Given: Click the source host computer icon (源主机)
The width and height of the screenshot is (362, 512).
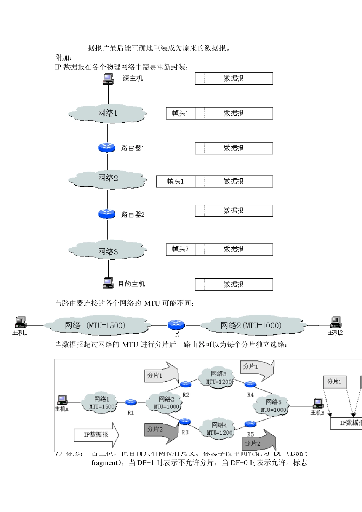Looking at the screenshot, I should pyautogui.click(x=108, y=79).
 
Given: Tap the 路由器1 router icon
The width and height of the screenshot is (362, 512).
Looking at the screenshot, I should pyautogui.click(x=107, y=148).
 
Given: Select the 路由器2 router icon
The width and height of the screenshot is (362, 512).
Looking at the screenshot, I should pyautogui.click(x=107, y=214).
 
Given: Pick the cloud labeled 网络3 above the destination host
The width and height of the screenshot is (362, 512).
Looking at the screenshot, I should pyautogui.click(x=108, y=251).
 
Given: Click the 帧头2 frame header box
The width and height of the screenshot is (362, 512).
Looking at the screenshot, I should pyautogui.click(x=181, y=250).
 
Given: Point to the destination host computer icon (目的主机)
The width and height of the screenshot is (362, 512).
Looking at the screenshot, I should pyautogui.click(x=108, y=283).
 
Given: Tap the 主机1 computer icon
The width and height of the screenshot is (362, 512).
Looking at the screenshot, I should pyautogui.click(x=20, y=322).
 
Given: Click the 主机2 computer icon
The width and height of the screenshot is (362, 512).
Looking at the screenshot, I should pyautogui.click(x=335, y=322).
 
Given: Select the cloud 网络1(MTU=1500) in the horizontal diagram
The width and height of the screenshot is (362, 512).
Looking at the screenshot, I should pyautogui.click(x=95, y=326).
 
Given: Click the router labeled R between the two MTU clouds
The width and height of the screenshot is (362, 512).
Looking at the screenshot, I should pyautogui.click(x=176, y=325).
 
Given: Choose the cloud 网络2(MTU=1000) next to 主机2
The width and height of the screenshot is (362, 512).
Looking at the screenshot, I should pyautogui.click(x=251, y=326).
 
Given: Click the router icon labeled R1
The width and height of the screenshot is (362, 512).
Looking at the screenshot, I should pyautogui.click(x=131, y=402).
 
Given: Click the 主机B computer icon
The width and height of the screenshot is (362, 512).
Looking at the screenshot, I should pyautogui.click(x=318, y=403).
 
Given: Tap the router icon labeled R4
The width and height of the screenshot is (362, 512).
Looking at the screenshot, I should pyautogui.click(x=250, y=384).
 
